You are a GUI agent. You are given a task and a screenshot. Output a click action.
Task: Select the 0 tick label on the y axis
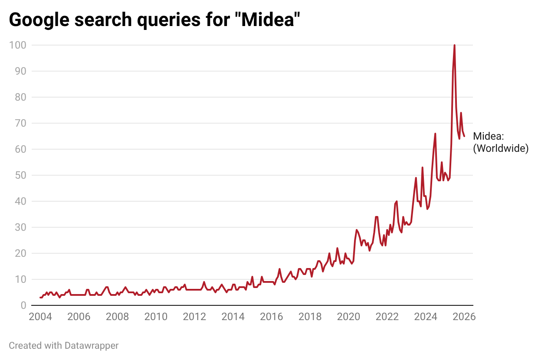pyautogui.click(x=23, y=305)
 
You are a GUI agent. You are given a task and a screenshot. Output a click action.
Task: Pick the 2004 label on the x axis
pyautogui.click(x=40, y=317)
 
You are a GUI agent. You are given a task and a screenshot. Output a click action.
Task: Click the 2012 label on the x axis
pyautogui.click(x=194, y=317)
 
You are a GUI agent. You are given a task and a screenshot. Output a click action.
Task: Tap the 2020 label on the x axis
pyautogui.click(x=348, y=317)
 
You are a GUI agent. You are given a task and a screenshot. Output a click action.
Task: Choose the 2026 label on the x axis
pyautogui.click(x=464, y=317)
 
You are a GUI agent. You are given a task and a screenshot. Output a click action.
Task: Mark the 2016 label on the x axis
pyautogui.click(x=272, y=317)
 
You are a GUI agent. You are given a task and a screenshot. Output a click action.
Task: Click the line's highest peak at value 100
pyautogui.click(x=454, y=45)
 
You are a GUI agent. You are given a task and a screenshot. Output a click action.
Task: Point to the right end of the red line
pyautogui.click(x=464, y=136)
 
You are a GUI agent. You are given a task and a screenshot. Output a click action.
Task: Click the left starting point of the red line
pyautogui.click(x=40, y=298)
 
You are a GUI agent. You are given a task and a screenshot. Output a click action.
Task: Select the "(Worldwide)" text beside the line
pyautogui.click(x=500, y=148)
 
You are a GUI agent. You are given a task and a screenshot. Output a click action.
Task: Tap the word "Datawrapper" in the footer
pyautogui.click(x=92, y=346)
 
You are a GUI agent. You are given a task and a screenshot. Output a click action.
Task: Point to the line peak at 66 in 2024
pyautogui.click(x=435, y=134)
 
